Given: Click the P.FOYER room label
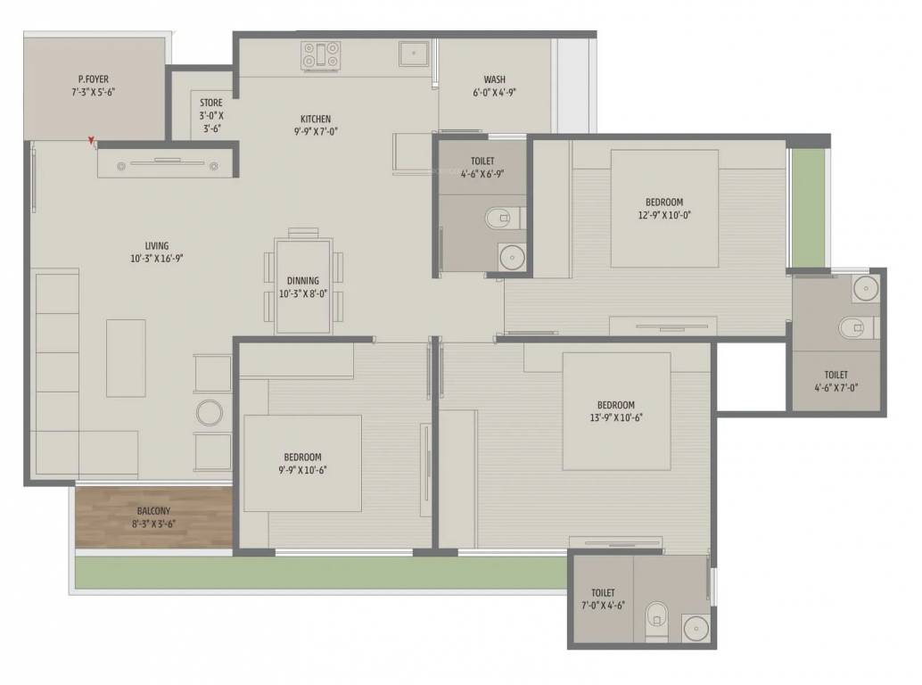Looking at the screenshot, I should pyautogui.click(x=93, y=79).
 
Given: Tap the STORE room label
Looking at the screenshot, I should pyautogui.click(x=211, y=103).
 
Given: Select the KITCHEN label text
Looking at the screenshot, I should pyautogui.click(x=315, y=119).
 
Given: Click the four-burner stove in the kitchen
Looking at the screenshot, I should pyautogui.click(x=320, y=55).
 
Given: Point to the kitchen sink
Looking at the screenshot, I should pyautogui.click(x=413, y=54).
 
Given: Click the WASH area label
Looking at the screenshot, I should pyautogui.click(x=495, y=79).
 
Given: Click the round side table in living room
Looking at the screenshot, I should pyautogui.click(x=210, y=413).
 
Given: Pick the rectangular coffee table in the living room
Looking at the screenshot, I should pyautogui.click(x=126, y=358).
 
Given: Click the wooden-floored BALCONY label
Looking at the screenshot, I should pyautogui.click(x=153, y=511).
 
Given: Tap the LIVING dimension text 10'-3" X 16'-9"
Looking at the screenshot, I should pyautogui.click(x=157, y=259).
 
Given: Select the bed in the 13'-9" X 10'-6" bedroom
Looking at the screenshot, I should pyautogui.click(x=616, y=410).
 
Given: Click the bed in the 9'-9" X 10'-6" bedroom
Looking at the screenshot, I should pyautogui.click(x=302, y=463).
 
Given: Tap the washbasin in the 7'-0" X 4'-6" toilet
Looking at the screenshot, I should pyautogui.click(x=695, y=626).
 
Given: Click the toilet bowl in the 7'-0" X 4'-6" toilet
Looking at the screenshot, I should pyautogui.click(x=656, y=615).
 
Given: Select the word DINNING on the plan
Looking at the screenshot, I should pyautogui.click(x=303, y=281).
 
